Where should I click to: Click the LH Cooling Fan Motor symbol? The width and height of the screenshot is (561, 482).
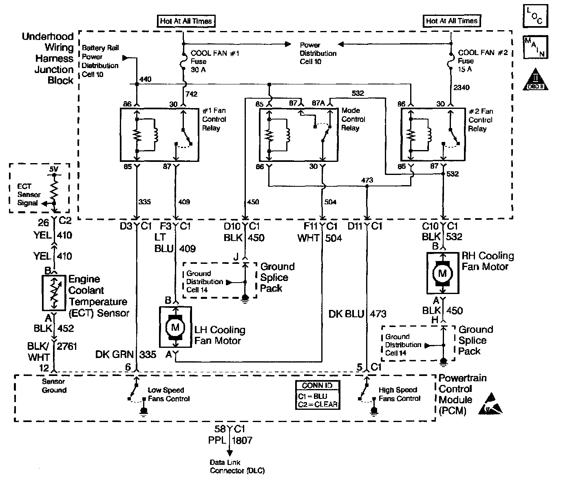click(x=176, y=327)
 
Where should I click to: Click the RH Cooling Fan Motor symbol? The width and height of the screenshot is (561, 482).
click(x=442, y=273)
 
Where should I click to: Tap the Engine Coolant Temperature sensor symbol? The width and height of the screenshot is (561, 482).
click(x=54, y=292)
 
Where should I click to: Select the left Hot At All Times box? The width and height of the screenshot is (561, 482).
click(x=186, y=21)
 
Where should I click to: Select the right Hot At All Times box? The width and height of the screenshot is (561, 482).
click(x=451, y=21)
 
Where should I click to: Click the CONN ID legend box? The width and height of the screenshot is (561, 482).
click(x=317, y=395)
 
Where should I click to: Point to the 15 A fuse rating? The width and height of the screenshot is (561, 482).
click(x=465, y=69)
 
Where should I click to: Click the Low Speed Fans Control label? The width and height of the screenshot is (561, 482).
click(x=168, y=394)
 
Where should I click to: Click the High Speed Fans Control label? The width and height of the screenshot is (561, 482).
click(x=400, y=394)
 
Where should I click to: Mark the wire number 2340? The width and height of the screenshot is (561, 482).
click(x=462, y=87)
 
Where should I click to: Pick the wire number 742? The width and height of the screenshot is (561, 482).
click(x=191, y=94)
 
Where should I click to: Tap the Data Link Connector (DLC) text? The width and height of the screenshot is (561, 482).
click(x=237, y=467)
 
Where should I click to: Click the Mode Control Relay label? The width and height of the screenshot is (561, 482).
click(x=353, y=119)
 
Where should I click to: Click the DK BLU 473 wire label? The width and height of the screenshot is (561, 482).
click(x=357, y=314)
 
